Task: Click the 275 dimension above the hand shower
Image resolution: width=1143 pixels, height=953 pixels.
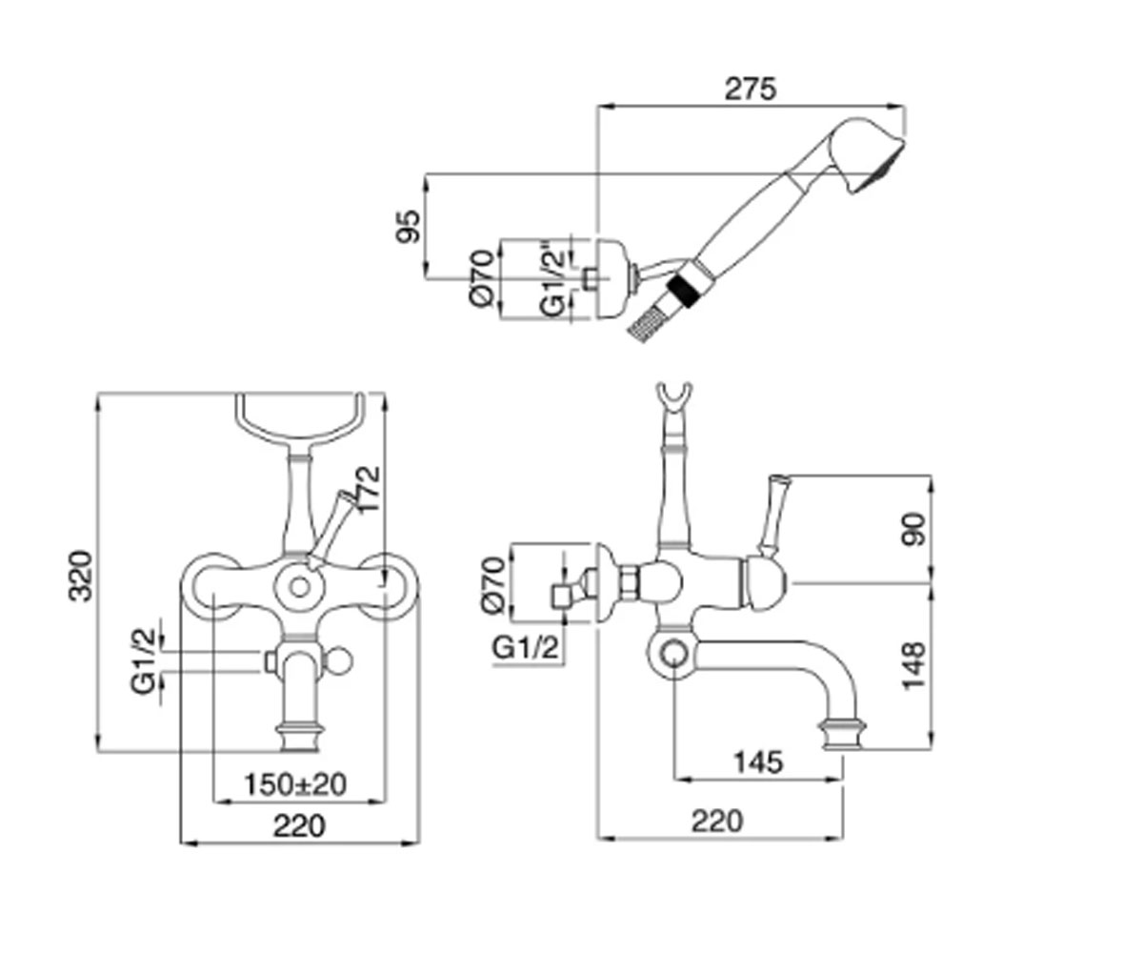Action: click(x=750, y=90)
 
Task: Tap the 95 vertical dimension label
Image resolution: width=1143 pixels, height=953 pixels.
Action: click(x=409, y=226)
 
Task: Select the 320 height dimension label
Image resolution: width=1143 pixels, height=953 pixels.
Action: click(x=80, y=576)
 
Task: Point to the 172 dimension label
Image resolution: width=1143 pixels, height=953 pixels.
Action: click(x=368, y=489)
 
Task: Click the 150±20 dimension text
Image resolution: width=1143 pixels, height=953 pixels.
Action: click(x=295, y=783)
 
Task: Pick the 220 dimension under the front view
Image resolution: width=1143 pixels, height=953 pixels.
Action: click(x=299, y=825)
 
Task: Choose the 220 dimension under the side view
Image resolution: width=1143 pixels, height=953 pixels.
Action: click(x=717, y=821)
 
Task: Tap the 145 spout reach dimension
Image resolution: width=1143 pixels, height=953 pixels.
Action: click(x=758, y=762)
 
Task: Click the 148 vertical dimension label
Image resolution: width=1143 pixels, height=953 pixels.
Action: click(x=913, y=666)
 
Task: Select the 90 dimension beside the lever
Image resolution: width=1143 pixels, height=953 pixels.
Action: click(x=913, y=529)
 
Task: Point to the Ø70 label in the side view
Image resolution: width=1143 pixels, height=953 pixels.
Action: click(x=491, y=584)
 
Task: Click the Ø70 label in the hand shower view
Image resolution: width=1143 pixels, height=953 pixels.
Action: click(x=482, y=278)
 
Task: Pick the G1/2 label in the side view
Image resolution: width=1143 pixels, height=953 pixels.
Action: click(x=526, y=648)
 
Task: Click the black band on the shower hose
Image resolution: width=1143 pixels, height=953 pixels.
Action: click(x=686, y=292)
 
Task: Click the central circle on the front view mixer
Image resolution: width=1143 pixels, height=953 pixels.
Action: click(x=299, y=588)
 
